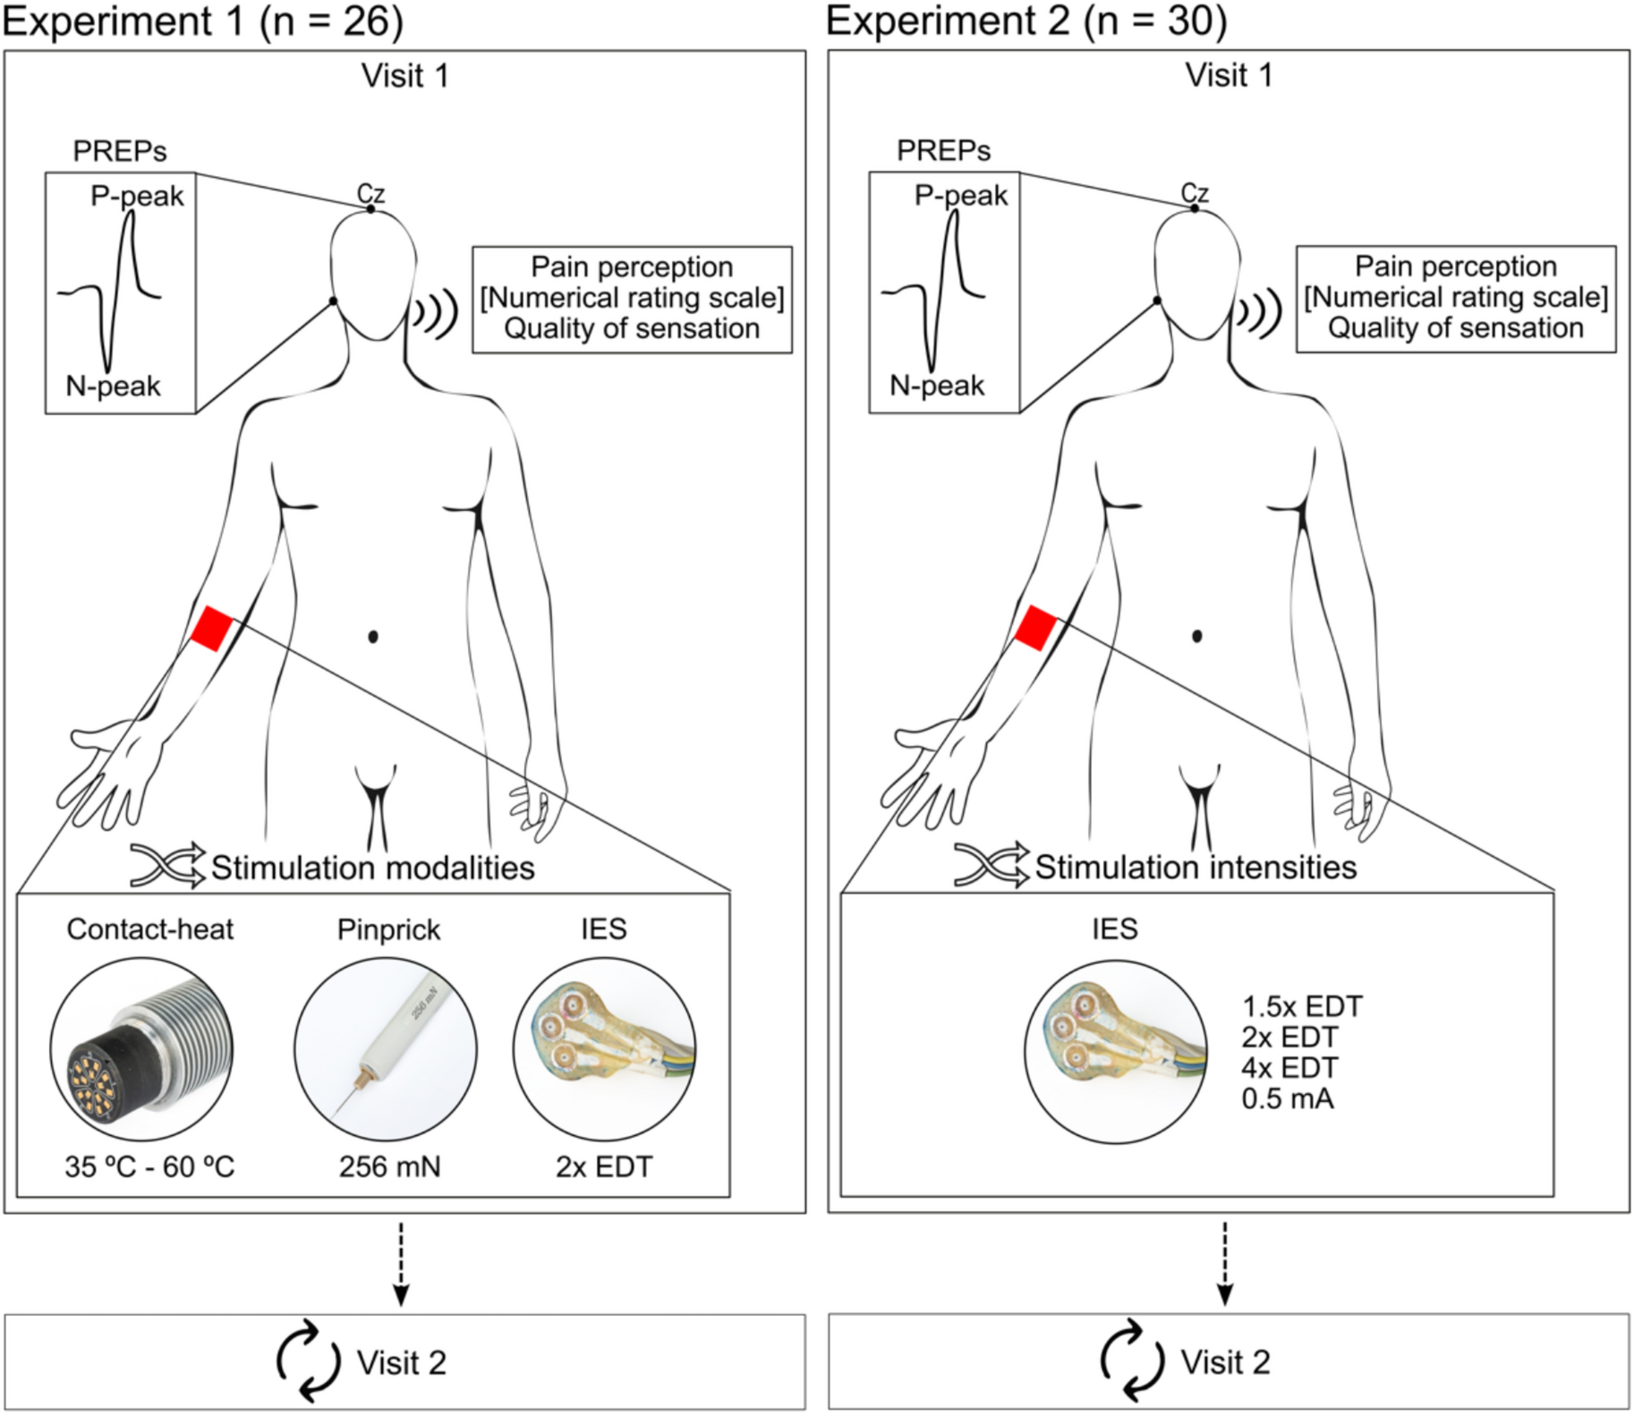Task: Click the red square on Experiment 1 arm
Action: [x=211, y=628]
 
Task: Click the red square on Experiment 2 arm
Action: [x=1035, y=627]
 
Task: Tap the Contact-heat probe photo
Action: [x=143, y=1048]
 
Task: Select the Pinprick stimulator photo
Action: [x=386, y=1048]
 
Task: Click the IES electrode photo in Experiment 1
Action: [x=604, y=1048]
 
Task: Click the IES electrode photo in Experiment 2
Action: [x=1115, y=1051]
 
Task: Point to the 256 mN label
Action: [x=389, y=1166]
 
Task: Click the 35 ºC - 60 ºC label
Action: [x=149, y=1166]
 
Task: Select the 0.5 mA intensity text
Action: [x=1287, y=1098]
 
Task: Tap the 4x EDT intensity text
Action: [x=1289, y=1068]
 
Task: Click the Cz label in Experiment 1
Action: [x=370, y=192]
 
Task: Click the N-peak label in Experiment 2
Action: [x=937, y=386]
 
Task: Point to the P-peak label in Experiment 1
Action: [x=137, y=196]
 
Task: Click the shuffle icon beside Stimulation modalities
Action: [x=167, y=866]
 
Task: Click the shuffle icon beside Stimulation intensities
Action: [x=991, y=865]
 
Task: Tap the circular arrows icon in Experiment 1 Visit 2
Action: [x=308, y=1360]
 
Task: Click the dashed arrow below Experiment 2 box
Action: [x=1225, y=1263]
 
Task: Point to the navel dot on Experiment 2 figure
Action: [x=1197, y=636]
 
